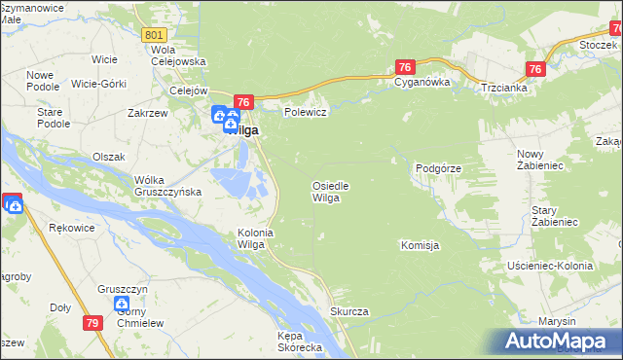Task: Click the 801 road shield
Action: tap(153, 34)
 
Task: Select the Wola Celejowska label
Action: tap(178, 55)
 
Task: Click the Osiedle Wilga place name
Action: tap(330, 192)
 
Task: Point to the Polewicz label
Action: tap(304, 112)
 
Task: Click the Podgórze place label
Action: tap(437, 168)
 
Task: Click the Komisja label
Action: tap(421, 246)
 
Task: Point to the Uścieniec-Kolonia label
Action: tap(550, 266)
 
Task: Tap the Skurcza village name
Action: tap(348, 311)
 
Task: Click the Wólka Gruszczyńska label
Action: tap(167, 186)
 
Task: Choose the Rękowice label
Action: tap(69, 228)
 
